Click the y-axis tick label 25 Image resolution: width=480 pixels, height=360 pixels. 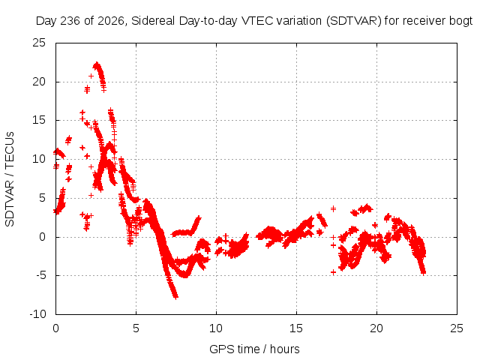39,43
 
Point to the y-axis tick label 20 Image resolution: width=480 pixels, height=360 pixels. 39,82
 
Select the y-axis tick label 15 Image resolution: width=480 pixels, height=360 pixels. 39,120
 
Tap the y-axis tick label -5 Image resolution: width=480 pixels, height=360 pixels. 40,275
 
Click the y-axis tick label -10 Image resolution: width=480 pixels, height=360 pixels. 37,314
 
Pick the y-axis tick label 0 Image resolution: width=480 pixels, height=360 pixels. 42,237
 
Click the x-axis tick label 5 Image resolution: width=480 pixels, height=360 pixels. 136,328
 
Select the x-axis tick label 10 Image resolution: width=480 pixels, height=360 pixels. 216,328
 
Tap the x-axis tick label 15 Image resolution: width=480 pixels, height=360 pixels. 296,328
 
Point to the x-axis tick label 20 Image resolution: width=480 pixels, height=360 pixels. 376,328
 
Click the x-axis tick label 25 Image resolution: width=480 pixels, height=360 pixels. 457,328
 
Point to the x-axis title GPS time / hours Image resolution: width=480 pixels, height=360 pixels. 254,349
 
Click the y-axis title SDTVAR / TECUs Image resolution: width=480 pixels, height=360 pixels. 10,179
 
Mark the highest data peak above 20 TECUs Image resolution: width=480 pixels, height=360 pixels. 97,64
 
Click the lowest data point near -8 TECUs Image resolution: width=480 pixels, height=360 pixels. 175,296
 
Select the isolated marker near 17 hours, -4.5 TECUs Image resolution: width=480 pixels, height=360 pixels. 333,272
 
